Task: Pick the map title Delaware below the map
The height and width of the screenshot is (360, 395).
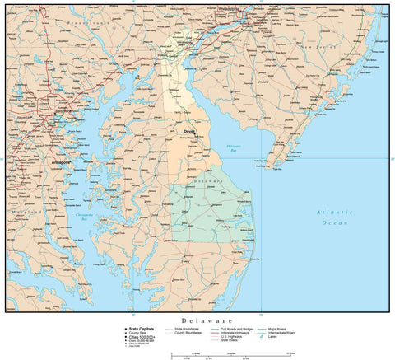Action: point(197,320)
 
